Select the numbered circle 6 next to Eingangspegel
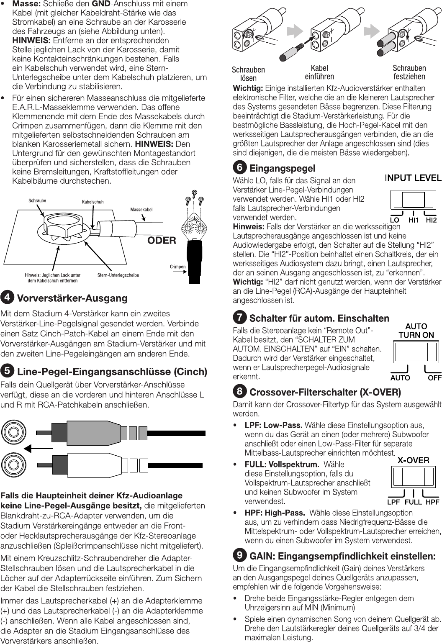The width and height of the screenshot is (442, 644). (239, 167)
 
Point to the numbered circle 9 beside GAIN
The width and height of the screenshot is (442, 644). (239, 555)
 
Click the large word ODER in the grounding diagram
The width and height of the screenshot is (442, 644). (162, 241)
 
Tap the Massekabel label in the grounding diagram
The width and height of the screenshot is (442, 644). (141, 209)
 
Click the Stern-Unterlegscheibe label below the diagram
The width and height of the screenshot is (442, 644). (118, 275)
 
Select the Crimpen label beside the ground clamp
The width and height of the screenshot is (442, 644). (178, 266)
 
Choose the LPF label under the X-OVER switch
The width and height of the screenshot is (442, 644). (393, 502)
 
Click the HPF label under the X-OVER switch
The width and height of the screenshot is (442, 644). (432, 502)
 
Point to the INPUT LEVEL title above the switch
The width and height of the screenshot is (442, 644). (413, 178)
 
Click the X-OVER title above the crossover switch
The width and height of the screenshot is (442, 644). (413, 460)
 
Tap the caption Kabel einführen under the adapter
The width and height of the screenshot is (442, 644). (319, 72)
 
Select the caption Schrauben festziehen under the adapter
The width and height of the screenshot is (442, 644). (409, 72)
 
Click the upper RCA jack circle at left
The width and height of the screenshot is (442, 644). (13, 432)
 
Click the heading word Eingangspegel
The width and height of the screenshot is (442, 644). (282, 168)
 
